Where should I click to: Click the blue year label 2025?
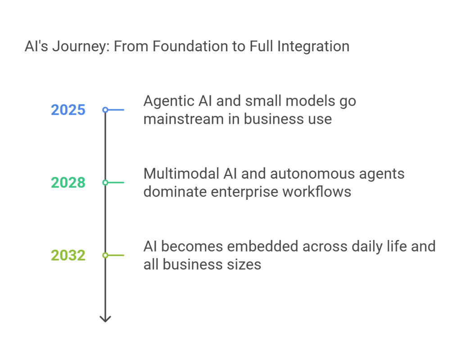pyautogui.click(x=68, y=110)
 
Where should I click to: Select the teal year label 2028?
pyautogui.click(x=68, y=183)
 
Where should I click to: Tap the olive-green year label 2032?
pyautogui.click(x=68, y=256)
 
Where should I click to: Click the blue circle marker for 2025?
pyautogui.click(x=105, y=110)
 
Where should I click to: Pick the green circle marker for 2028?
pyautogui.click(x=105, y=183)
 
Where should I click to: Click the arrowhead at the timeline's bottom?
pyautogui.click(x=105, y=319)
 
